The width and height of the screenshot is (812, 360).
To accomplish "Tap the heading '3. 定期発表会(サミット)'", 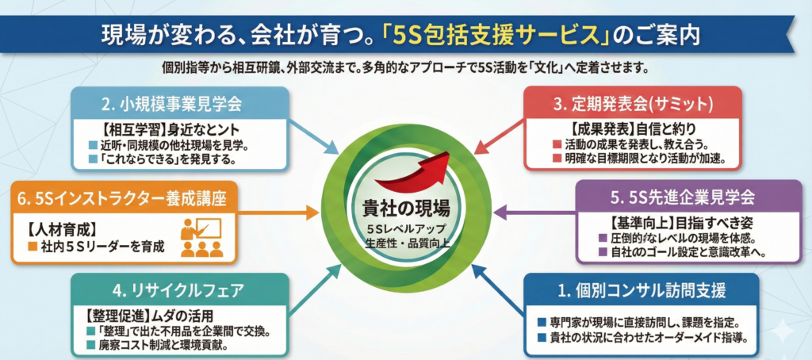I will click(x=634, y=102).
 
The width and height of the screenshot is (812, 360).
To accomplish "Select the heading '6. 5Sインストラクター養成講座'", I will click(x=117, y=198).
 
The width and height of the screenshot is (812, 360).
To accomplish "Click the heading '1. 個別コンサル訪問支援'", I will click(x=642, y=289).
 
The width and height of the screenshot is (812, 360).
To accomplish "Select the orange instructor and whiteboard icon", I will click(x=201, y=236).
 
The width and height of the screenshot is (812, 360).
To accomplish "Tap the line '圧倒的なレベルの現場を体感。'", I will click(x=680, y=239).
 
